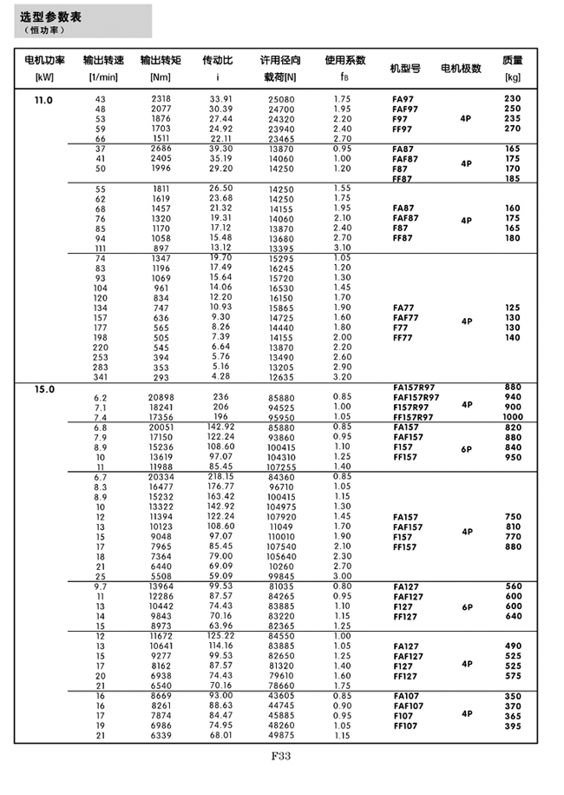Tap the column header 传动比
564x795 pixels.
tap(217, 62)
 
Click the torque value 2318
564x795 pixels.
tap(161, 100)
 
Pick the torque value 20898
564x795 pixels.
tap(161, 397)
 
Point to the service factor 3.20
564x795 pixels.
tap(342, 376)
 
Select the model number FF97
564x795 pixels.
tap(402, 129)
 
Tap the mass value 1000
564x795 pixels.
tap(513, 417)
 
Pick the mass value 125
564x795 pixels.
tap(513, 307)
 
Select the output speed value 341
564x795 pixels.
tap(101, 376)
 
